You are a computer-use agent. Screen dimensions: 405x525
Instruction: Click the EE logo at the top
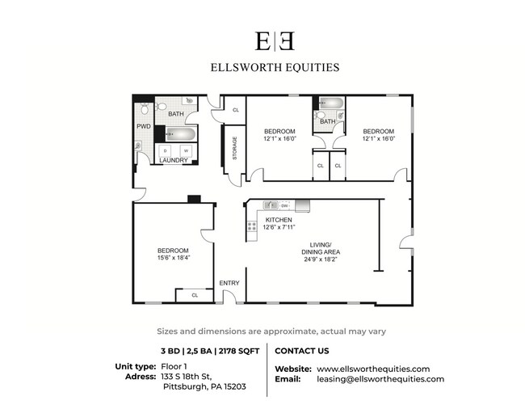pos(262,41)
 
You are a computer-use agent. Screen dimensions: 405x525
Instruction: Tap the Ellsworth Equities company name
pos(262,68)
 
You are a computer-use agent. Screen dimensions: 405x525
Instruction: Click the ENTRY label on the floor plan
pos(229,283)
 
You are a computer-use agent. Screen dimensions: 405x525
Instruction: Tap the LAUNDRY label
pos(174,160)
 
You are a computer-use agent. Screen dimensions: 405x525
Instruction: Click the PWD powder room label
pos(143,127)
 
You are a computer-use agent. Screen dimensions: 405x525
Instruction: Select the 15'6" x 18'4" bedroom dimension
pos(174,259)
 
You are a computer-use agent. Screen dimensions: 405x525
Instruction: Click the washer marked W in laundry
pos(187,150)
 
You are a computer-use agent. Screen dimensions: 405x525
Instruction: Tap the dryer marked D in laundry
pos(166,150)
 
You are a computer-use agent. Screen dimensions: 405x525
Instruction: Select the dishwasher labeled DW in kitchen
pos(285,206)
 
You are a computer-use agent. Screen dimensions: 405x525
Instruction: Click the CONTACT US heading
pos(302,352)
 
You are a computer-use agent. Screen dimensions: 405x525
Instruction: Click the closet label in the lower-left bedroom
pos(195,296)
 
